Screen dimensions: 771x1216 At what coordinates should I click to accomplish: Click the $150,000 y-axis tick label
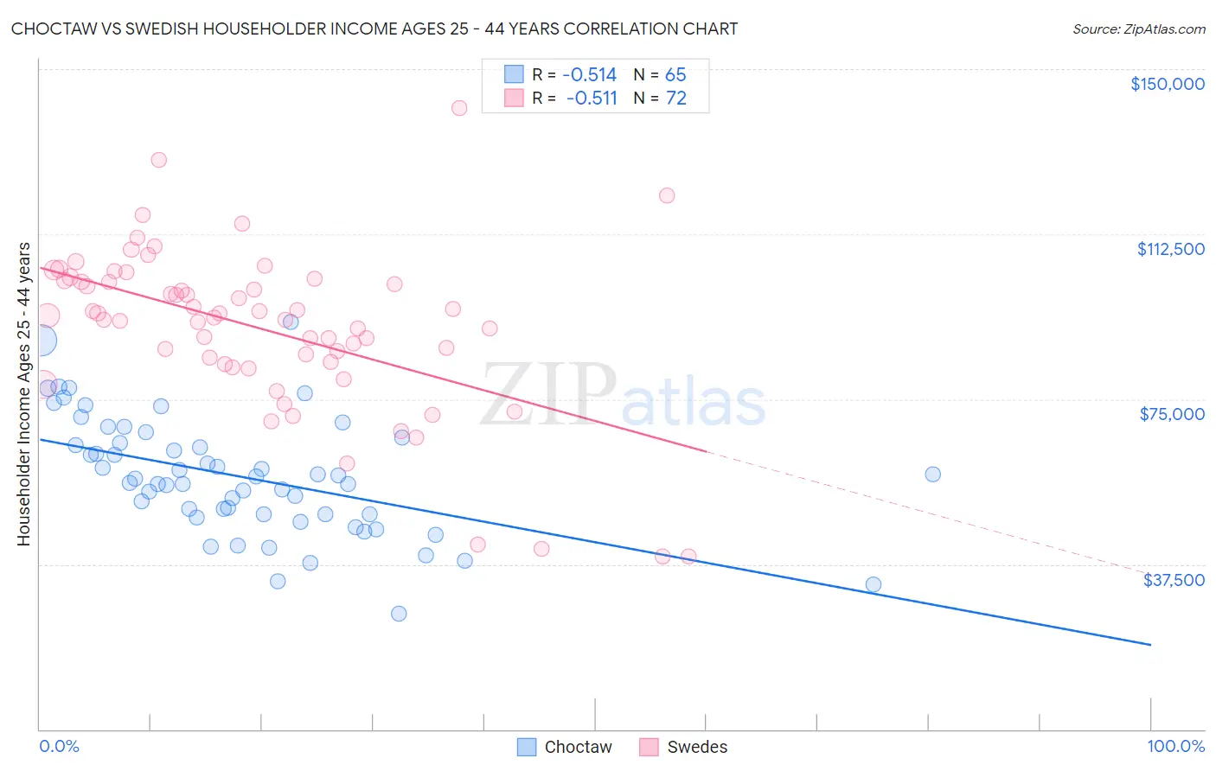(1167, 84)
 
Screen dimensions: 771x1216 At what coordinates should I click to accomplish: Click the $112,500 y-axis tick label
(1170, 249)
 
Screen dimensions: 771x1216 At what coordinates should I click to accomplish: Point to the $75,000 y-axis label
(1172, 414)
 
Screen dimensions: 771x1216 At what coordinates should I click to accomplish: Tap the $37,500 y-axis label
(1174, 580)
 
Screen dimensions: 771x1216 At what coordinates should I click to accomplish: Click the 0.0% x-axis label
(59, 746)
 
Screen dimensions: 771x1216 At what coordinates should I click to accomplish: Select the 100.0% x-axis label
(1175, 746)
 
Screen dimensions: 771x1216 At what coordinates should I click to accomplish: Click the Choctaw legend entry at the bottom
(564, 747)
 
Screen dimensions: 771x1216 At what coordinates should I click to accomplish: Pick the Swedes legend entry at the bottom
(683, 747)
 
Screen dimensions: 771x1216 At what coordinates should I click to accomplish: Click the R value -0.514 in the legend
(589, 74)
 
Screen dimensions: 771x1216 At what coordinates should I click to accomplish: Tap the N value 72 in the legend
(675, 99)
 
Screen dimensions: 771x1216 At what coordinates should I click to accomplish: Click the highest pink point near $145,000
(459, 108)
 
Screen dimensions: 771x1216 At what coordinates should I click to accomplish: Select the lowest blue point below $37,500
(399, 614)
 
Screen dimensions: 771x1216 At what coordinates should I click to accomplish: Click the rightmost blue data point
(932, 475)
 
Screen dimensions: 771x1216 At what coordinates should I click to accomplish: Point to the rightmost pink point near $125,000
(667, 195)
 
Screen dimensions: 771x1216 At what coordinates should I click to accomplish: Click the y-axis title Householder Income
(23, 394)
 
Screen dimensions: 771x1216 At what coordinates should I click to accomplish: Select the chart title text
(374, 29)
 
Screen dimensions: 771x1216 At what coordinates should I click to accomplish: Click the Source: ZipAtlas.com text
(1138, 29)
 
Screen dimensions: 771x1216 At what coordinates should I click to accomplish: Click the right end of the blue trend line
(1150, 645)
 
